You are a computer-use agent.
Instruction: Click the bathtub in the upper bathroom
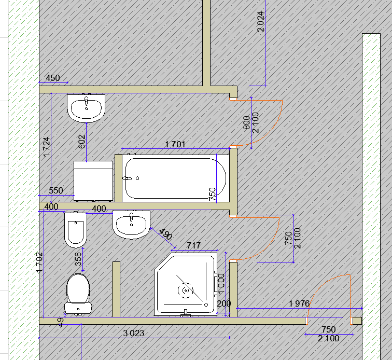point(175,178)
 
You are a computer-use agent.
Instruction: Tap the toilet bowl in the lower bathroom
point(78,294)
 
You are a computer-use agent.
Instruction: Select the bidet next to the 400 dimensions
point(76,230)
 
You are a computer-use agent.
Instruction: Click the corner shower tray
point(186,284)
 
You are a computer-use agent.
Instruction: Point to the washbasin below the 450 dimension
point(86,108)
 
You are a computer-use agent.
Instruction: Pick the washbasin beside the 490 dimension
point(131,225)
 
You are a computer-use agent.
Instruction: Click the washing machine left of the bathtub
point(93,181)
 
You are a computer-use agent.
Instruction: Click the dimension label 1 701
point(175,144)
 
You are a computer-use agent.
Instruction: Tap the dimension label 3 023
point(133,333)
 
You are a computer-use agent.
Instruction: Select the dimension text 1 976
point(299,303)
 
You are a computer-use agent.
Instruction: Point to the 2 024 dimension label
point(260,21)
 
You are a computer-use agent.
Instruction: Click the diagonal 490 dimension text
point(165,234)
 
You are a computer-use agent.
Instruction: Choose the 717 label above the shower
point(193,245)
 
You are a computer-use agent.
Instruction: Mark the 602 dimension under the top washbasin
point(82,142)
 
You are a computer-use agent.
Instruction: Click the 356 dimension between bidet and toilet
point(78,259)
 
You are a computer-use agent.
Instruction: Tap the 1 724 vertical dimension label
point(47,147)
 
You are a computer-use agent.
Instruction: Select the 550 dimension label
point(56,190)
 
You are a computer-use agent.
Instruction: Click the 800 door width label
point(246,122)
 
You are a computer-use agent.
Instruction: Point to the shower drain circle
point(186,290)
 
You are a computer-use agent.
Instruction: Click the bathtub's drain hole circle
point(137,178)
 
